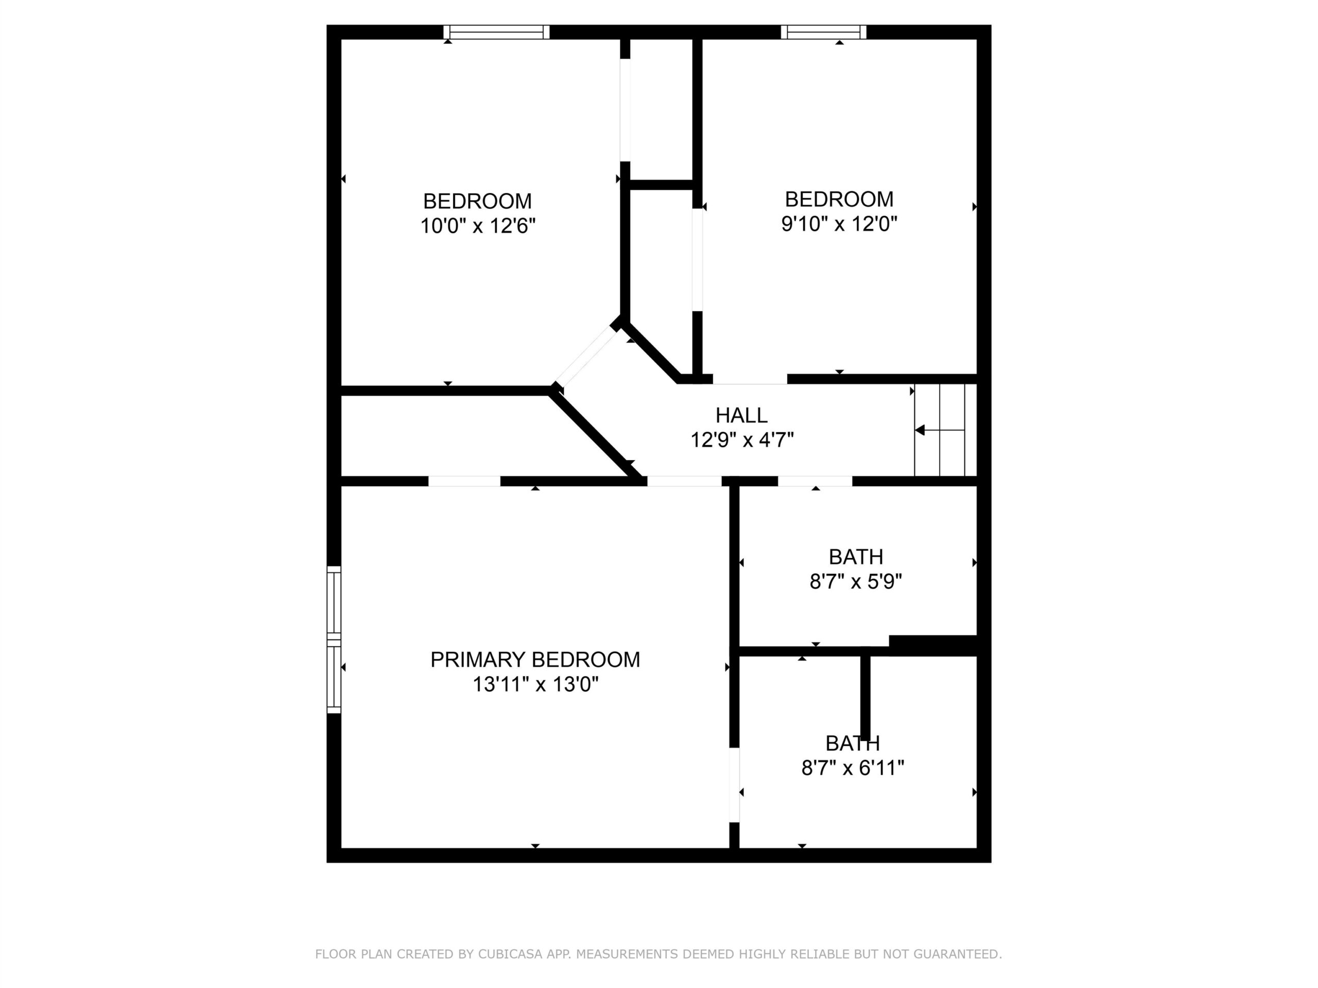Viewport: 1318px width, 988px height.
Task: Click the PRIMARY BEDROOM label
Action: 535,660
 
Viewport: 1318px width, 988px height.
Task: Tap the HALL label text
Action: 741,415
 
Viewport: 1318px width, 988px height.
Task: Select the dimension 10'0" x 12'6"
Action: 478,226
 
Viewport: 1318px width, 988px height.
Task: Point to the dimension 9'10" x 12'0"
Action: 839,224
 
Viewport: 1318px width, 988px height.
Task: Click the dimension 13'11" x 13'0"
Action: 535,685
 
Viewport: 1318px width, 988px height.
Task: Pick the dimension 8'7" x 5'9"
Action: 856,581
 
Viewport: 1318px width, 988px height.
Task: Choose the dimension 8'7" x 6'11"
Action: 853,768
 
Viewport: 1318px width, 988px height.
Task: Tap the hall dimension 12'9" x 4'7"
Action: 742,440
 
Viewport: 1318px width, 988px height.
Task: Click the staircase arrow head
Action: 920,430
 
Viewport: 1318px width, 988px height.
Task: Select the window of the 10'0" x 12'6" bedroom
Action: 496,32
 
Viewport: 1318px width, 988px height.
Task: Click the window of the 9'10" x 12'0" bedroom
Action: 823,32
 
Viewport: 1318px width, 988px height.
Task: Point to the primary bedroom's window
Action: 334,640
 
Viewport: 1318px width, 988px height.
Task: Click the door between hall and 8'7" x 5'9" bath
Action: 815,481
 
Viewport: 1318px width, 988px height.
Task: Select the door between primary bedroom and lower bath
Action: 734,785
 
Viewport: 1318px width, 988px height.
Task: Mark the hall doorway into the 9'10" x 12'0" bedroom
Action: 750,379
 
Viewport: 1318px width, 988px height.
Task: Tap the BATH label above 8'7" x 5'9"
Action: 856,557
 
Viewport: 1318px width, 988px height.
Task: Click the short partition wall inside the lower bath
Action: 865,698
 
